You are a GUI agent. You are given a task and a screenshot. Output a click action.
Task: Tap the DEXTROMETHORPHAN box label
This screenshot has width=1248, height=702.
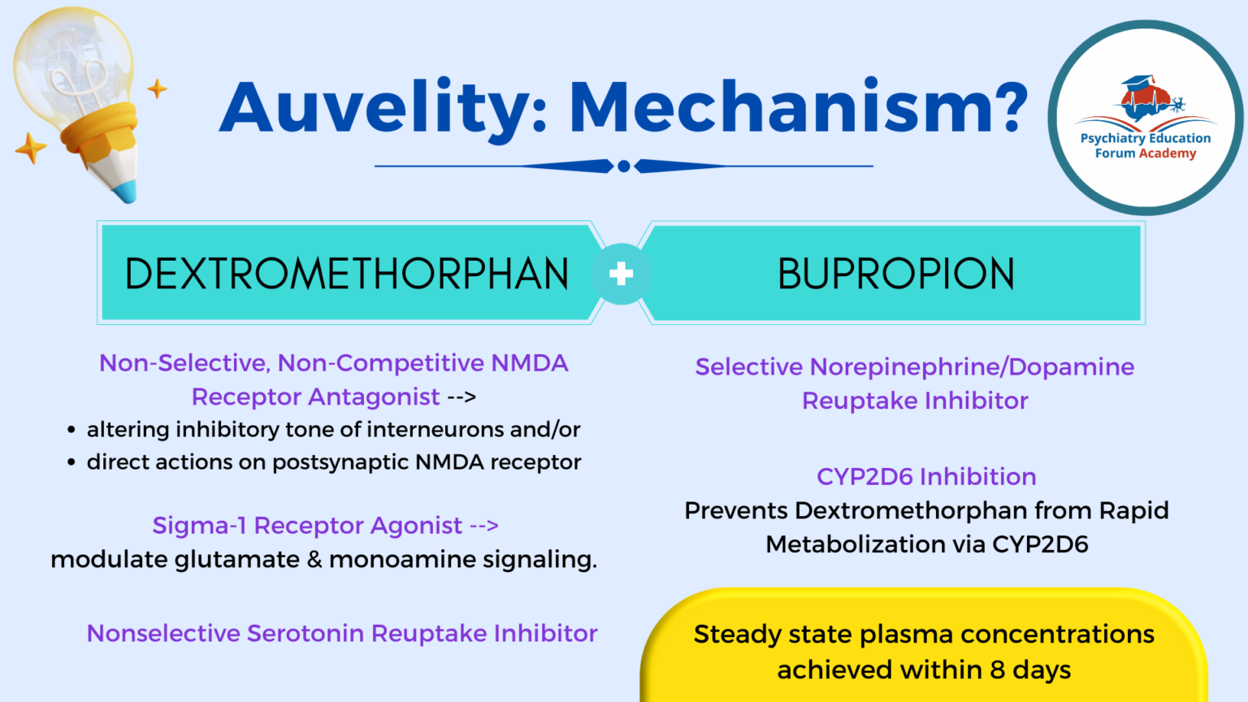[x=347, y=274]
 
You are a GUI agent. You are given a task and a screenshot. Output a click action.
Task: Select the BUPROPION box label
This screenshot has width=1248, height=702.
[x=896, y=274]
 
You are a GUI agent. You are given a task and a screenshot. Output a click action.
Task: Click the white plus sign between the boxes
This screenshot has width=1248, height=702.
[x=622, y=274]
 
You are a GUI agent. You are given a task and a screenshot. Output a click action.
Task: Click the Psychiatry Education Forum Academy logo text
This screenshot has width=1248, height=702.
[x=1145, y=145]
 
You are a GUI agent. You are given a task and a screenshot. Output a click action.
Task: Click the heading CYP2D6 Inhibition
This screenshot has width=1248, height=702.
[x=926, y=476]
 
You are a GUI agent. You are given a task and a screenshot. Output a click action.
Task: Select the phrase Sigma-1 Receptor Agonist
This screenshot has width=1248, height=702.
[x=307, y=526]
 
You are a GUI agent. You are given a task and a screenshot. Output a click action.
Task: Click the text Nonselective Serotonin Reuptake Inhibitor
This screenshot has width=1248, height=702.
[x=342, y=633]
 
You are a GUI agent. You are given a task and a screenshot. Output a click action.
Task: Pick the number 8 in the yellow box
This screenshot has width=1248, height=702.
[x=997, y=669]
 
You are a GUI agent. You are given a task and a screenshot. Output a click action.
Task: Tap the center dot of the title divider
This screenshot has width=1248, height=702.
[x=624, y=167]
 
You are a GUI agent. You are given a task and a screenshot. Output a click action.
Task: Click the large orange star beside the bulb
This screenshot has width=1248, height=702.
[x=31, y=148]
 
